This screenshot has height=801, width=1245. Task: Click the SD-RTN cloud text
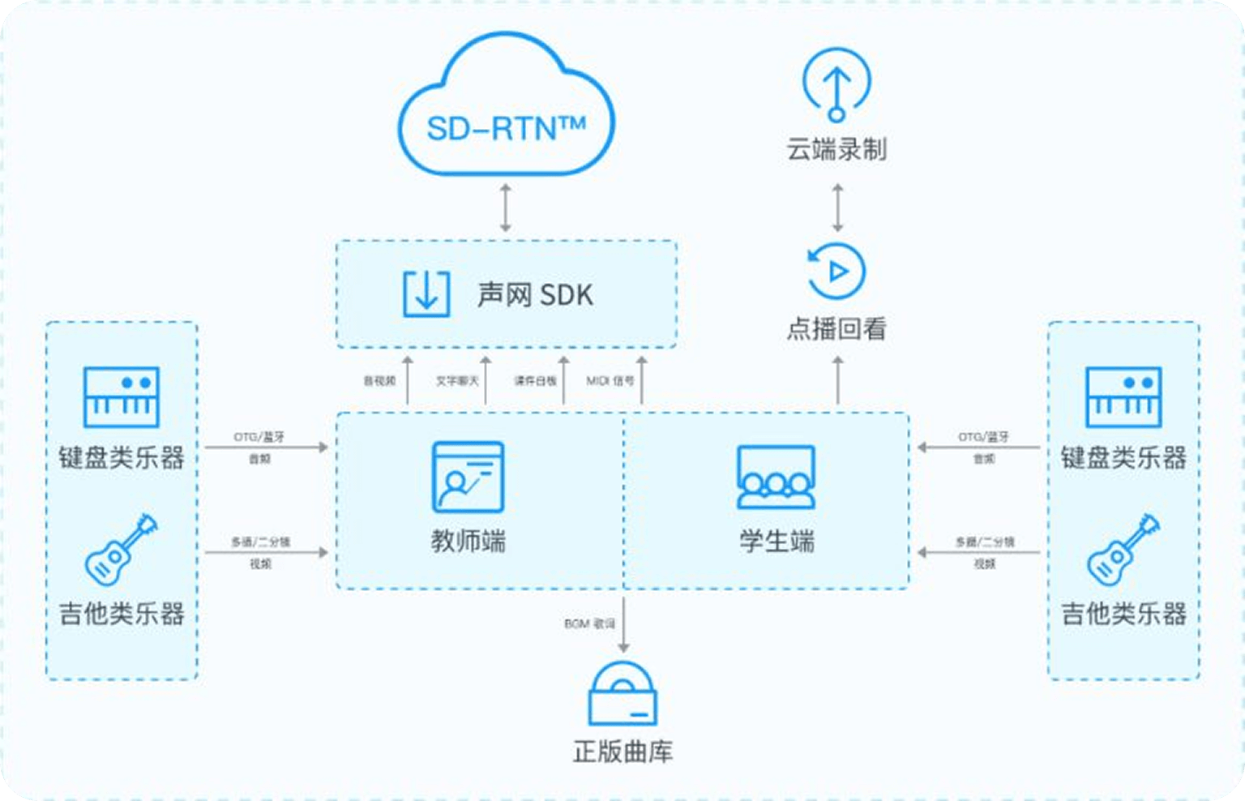(506, 128)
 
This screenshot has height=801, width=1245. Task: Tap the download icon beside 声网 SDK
(426, 293)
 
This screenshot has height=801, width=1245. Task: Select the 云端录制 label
(836, 150)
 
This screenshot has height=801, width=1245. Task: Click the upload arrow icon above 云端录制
(836, 84)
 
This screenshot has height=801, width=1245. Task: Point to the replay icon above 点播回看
(836, 271)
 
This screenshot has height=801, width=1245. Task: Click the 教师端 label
(468, 541)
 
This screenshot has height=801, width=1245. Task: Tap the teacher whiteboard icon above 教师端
(468, 477)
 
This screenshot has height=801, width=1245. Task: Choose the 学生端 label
(777, 541)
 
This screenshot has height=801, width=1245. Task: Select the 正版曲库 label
(622, 752)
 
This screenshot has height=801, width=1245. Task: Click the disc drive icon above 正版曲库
(622, 694)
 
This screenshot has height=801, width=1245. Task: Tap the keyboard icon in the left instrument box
(122, 396)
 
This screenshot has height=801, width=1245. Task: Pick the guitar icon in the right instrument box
(1123, 550)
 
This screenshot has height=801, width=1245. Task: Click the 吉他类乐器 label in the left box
(122, 614)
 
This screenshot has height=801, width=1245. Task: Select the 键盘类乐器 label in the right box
(1123, 458)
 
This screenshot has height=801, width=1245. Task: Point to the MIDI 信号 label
(610, 380)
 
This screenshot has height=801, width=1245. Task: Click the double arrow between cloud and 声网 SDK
(506, 208)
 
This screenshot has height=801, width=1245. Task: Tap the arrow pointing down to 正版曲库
(623, 624)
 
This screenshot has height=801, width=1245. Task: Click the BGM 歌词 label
(589, 623)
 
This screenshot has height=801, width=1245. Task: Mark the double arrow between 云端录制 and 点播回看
(837, 208)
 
